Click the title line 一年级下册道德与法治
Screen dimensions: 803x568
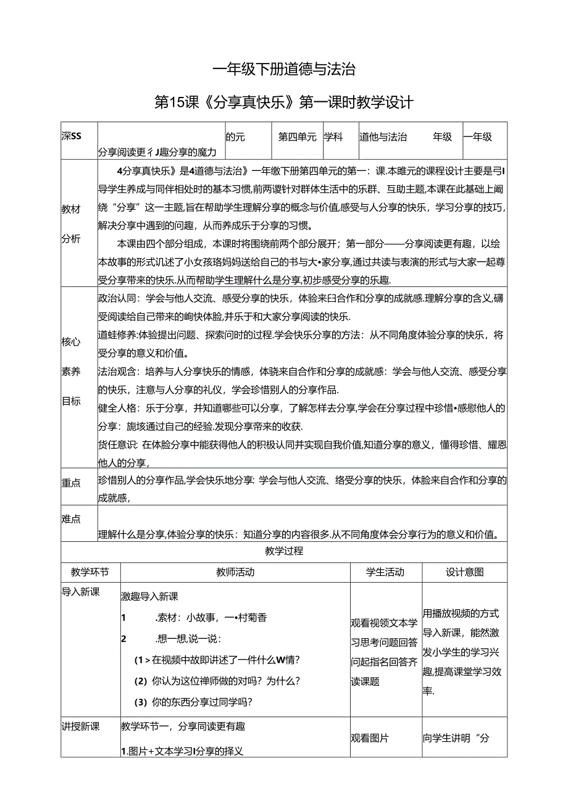283,70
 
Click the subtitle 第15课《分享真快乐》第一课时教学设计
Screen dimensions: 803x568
283,102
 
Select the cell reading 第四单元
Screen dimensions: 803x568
298,137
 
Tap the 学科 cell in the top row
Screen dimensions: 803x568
334,137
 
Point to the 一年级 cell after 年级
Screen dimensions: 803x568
478,137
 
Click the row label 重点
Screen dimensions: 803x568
71,483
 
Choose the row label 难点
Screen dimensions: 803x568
71,519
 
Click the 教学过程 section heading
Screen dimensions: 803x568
283,552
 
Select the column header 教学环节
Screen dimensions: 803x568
90,572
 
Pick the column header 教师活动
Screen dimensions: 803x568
235,572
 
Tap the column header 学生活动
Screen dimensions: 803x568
385,572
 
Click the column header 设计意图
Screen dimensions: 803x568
464,572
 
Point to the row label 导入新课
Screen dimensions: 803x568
80,592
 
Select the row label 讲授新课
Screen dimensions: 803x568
80,726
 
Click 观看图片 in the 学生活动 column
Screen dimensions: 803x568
370,738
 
